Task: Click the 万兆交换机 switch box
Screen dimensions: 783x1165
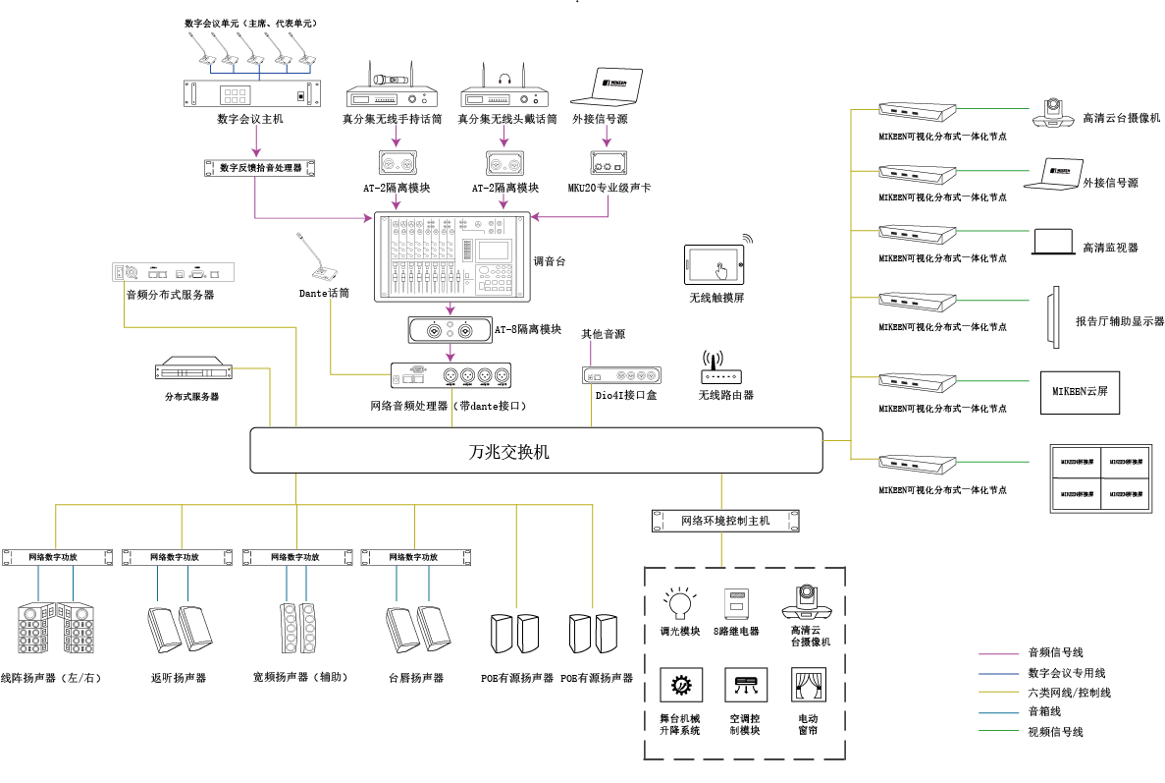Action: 536,451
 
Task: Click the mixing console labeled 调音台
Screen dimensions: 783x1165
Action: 452,256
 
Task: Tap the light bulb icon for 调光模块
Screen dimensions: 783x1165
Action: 679,600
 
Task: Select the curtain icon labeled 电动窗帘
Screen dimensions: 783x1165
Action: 808,684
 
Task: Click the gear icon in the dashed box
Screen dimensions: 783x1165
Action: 679,684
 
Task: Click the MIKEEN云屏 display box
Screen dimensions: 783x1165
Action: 1080,391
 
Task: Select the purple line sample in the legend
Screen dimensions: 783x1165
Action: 999,652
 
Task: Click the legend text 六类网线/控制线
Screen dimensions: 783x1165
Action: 1069,693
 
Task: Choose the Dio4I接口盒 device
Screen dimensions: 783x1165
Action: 621,375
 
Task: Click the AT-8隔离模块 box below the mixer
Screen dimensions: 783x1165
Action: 450,330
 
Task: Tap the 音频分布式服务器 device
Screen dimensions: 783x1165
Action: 174,272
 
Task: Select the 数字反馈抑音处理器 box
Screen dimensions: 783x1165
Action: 259,167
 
